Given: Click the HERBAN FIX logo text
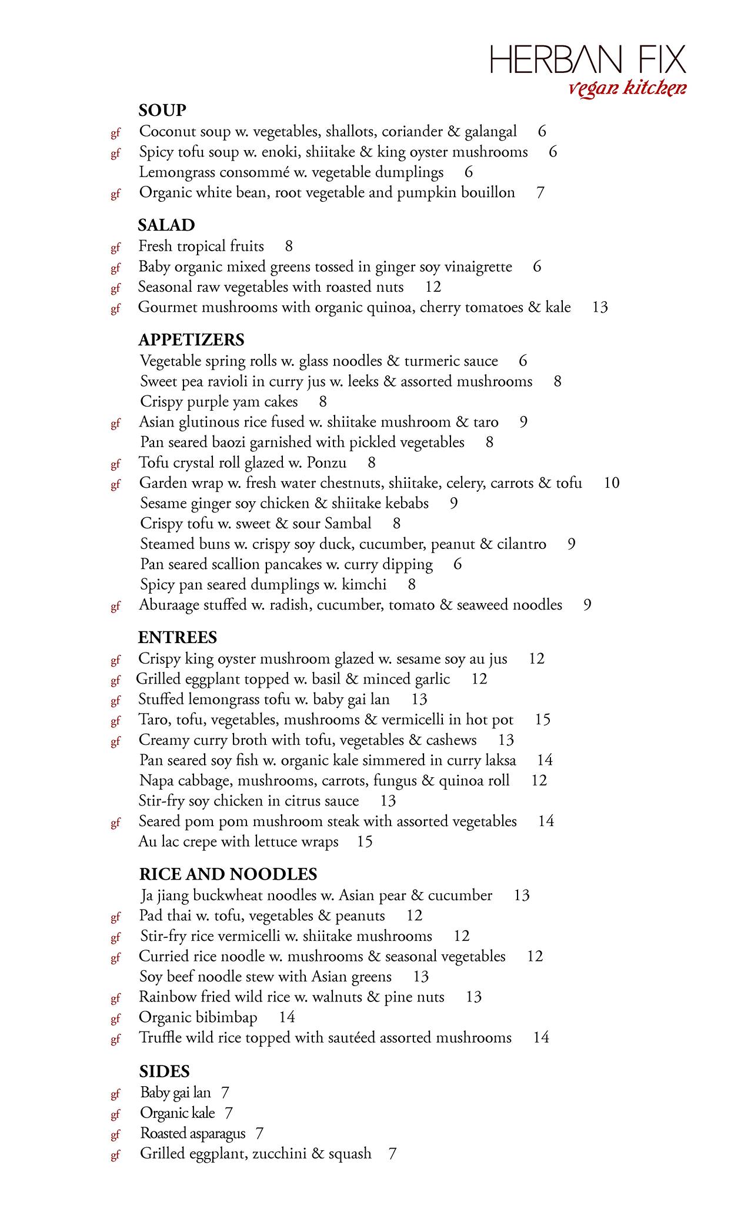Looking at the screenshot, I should tap(588, 60).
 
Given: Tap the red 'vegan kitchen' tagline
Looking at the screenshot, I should tap(627, 89).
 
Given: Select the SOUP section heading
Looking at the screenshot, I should tap(162, 110).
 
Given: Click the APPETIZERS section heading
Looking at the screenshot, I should tap(191, 339).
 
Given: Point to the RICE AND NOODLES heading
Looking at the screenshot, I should tap(228, 874).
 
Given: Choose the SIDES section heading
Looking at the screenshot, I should tap(165, 1071).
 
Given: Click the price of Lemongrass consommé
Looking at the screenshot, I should tap(469, 172).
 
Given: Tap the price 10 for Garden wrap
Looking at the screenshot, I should tap(612, 483).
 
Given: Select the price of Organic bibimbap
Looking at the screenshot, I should tap(287, 1017).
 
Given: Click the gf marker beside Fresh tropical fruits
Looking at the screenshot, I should tap(115, 248).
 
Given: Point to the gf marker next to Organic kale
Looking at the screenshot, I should tap(115, 1114).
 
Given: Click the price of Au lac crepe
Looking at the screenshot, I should tap(365, 842).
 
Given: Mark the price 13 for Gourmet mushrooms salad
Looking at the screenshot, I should tap(600, 307).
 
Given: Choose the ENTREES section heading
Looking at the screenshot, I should tap(178, 637).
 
